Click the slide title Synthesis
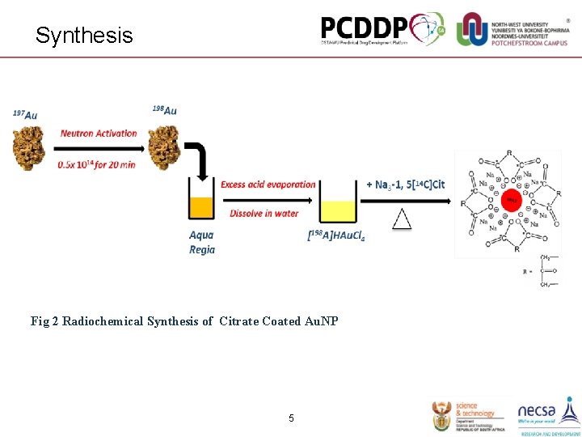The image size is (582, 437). click(x=84, y=36)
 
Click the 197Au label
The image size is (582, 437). click(x=25, y=115)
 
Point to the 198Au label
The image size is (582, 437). click(x=165, y=110)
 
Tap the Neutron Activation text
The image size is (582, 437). click(x=99, y=134)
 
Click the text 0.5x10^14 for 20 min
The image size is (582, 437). click(x=96, y=165)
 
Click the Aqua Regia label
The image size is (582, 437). click(x=202, y=243)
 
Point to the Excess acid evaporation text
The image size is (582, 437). click(x=268, y=185)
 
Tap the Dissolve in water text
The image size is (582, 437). click(x=264, y=214)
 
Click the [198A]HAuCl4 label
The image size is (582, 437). click(x=336, y=236)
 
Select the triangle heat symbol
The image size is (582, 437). click(x=402, y=218)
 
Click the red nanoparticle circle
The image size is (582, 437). click(x=511, y=200)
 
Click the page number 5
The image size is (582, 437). click(x=291, y=418)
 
